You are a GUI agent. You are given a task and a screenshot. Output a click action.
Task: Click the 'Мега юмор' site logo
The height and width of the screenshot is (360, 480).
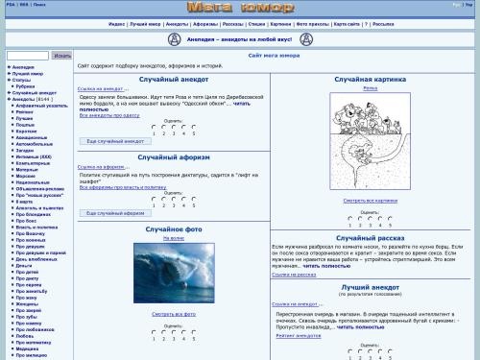coord(239,9)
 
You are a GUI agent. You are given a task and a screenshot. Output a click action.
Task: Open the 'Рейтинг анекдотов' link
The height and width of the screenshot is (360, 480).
coord(295,336)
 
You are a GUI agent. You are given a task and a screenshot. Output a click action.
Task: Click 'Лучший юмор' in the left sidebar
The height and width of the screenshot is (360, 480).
coord(27,73)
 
